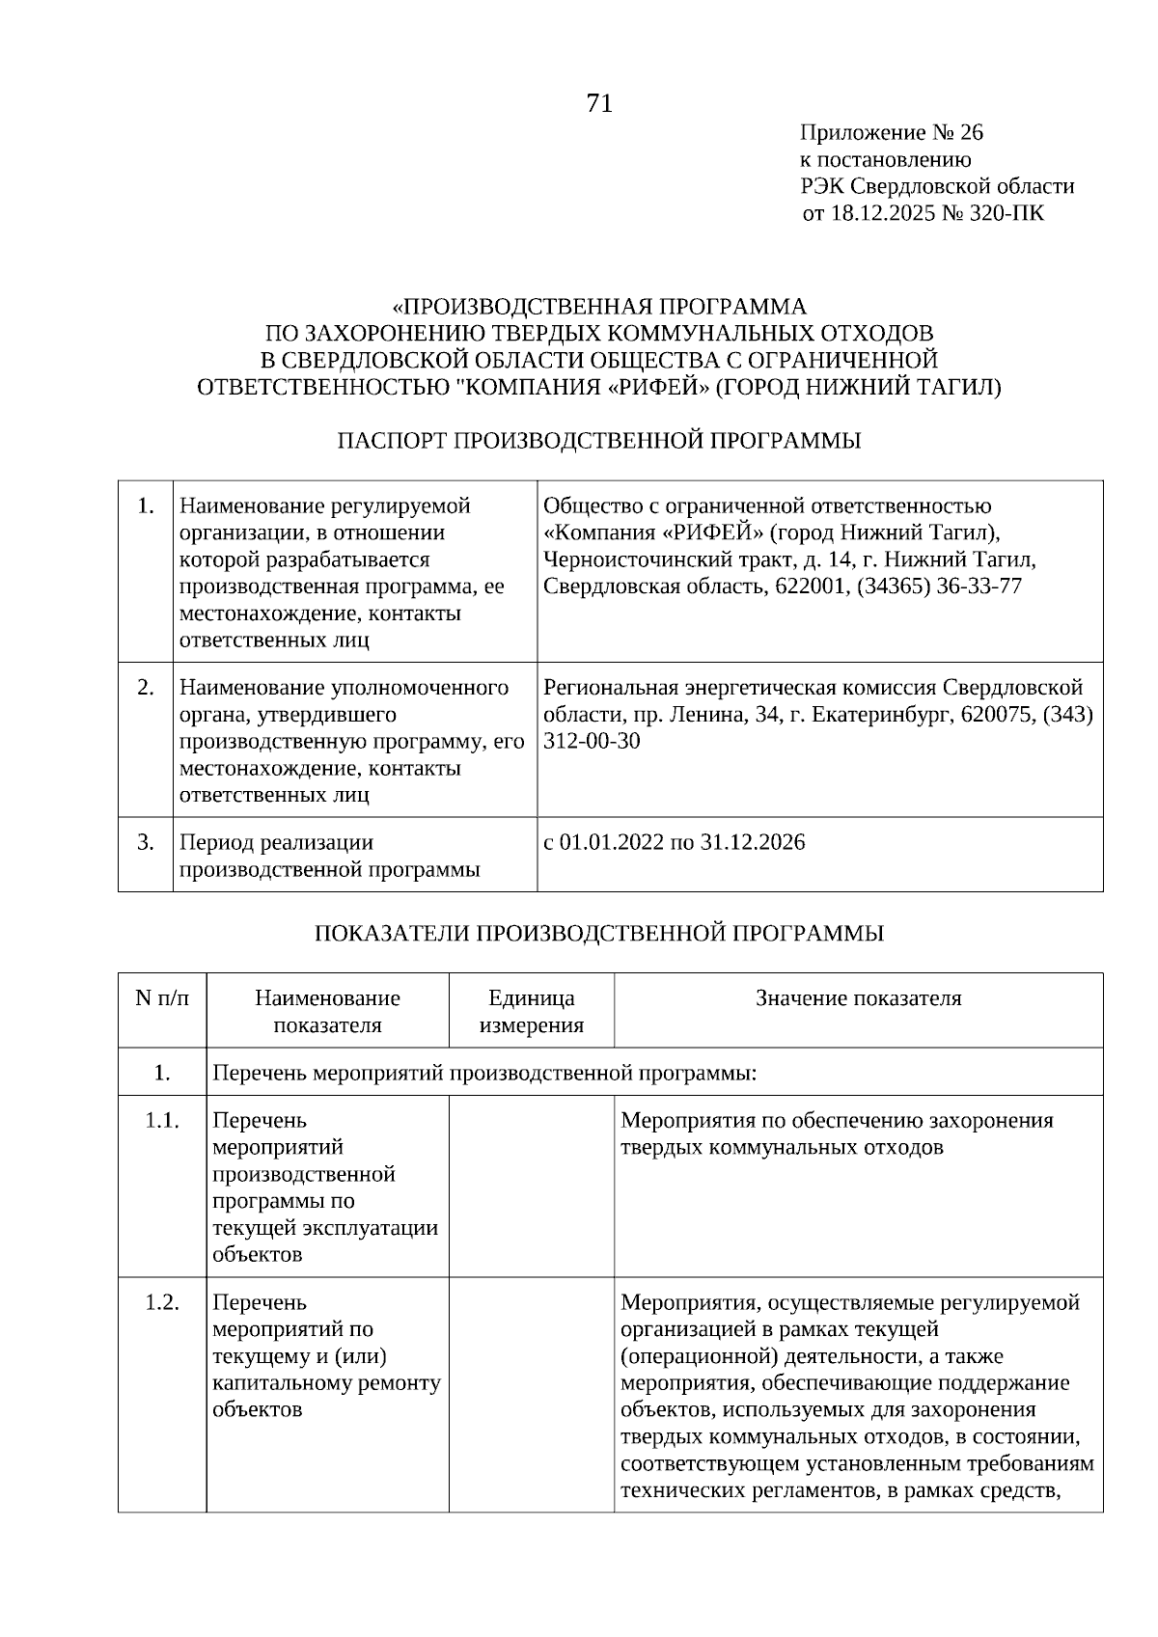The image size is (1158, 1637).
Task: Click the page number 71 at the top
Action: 599,103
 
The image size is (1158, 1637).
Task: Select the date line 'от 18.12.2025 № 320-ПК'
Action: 923,213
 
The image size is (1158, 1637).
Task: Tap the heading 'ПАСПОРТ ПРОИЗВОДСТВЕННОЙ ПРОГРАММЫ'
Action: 599,441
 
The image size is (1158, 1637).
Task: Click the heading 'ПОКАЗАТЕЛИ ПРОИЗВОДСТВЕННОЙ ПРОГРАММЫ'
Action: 599,933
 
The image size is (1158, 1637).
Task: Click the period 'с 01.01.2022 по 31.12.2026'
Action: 674,842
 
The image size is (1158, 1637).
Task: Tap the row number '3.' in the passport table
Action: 145,842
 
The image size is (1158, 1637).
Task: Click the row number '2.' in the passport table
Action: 145,687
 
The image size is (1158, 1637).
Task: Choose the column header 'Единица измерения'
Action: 531,1011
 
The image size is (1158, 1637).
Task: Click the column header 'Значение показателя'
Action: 858,998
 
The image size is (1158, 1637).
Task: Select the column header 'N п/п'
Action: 162,998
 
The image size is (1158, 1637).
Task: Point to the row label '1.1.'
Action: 162,1121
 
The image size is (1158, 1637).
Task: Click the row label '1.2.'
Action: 162,1302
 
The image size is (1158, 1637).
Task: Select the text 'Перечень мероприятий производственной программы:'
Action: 483,1072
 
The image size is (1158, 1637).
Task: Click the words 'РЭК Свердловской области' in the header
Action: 936,186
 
